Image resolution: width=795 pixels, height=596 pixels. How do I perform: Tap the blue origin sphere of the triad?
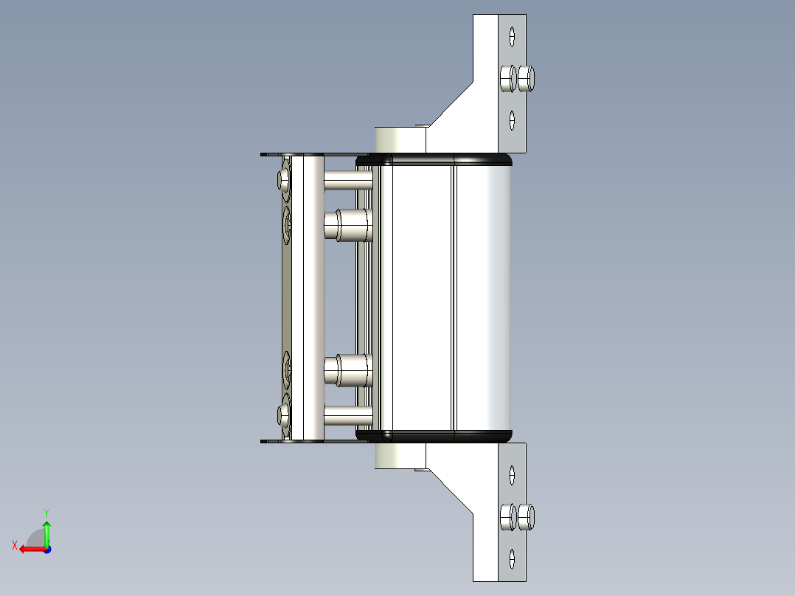(46, 550)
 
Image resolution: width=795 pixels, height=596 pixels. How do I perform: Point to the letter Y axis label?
(46, 511)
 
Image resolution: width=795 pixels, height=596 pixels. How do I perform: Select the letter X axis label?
(14, 545)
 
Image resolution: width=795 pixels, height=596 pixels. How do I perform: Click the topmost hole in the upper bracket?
(512, 35)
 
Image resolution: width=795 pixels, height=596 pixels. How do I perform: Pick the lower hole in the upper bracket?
(512, 118)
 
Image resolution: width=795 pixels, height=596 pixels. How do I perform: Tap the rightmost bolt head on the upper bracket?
(526, 78)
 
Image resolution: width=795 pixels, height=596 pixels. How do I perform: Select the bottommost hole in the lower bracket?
(512, 557)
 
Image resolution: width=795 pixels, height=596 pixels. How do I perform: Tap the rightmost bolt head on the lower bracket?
(526, 517)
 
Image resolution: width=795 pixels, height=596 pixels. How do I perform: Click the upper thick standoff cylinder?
(347, 225)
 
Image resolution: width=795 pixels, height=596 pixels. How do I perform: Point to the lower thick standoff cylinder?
(347, 370)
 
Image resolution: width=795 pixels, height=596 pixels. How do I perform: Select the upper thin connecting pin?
(347, 180)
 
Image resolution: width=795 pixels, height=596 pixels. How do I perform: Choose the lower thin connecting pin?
(347, 417)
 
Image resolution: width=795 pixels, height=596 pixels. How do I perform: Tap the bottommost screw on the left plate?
(285, 416)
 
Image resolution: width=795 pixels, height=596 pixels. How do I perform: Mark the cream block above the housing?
(398, 139)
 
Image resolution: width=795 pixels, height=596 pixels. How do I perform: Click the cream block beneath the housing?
(398, 456)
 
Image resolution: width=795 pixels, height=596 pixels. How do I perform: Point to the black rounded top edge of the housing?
(442, 159)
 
